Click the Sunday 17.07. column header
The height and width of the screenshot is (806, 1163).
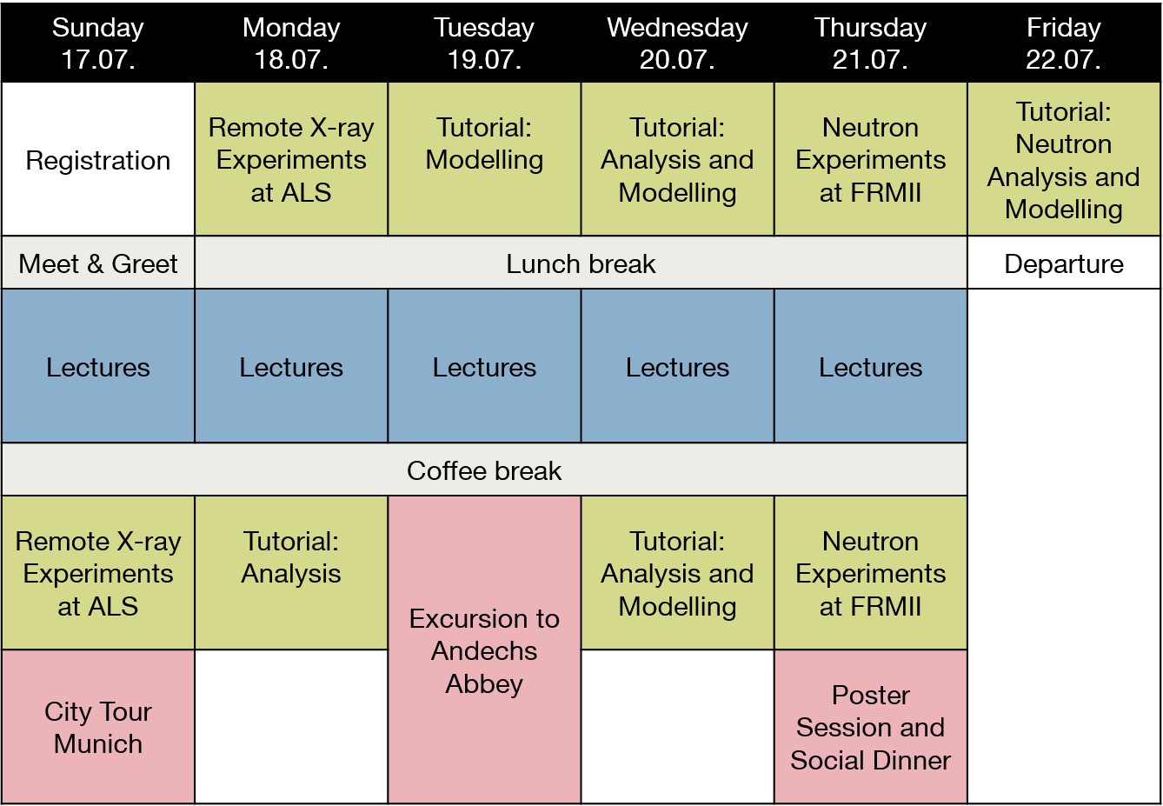[x=98, y=43]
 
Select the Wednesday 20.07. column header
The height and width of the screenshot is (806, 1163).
[x=678, y=43]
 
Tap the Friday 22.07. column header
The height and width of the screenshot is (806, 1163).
[x=1064, y=43]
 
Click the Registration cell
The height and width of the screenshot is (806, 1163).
[x=98, y=159]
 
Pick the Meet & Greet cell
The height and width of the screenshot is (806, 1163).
[x=98, y=263]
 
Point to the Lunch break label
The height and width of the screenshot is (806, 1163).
[x=581, y=263]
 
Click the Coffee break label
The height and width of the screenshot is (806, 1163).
[x=484, y=470]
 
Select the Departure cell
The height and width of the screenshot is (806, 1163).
[x=1064, y=263]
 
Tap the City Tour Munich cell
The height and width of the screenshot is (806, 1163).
[x=98, y=727]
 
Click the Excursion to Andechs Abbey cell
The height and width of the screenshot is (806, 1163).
[x=484, y=649]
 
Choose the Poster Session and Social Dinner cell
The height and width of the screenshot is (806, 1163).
[x=871, y=727]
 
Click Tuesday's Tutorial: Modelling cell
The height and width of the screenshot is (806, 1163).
[x=484, y=159]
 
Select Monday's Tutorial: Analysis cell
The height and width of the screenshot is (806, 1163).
[x=291, y=573]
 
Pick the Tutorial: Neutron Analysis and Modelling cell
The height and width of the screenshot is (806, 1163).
[x=1064, y=159]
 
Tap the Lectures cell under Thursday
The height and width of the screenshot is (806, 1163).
[x=871, y=366]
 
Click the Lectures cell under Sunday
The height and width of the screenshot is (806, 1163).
[x=98, y=366]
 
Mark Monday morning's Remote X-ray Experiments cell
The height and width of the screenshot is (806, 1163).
[x=291, y=159]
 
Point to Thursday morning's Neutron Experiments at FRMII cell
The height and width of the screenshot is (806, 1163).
[x=871, y=159]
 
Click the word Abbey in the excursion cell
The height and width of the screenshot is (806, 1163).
[x=484, y=684]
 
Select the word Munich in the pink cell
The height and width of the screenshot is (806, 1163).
[x=98, y=743]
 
